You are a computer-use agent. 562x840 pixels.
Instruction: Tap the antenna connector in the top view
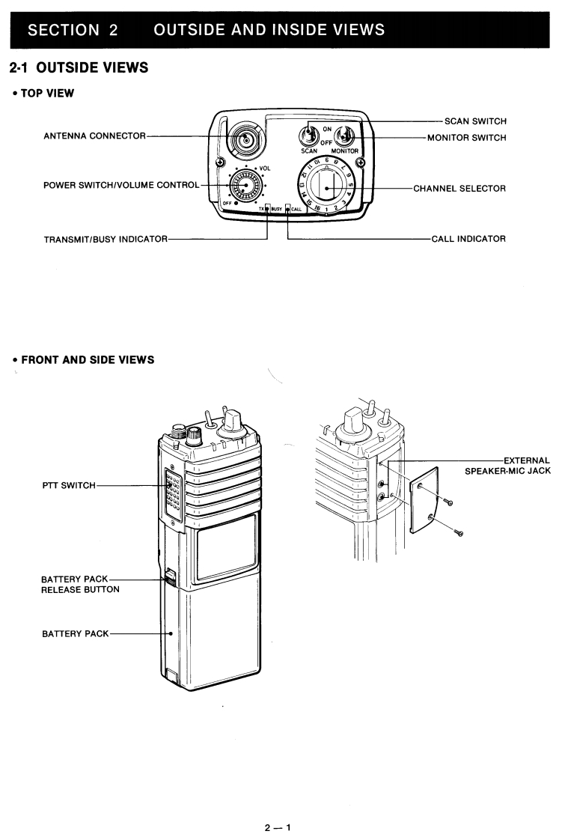tap(244, 138)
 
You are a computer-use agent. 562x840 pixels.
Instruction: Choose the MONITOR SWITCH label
tap(465, 137)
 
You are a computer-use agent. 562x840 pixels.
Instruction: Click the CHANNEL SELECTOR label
tap(459, 188)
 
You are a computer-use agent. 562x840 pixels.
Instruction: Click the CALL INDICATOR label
tap(468, 239)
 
